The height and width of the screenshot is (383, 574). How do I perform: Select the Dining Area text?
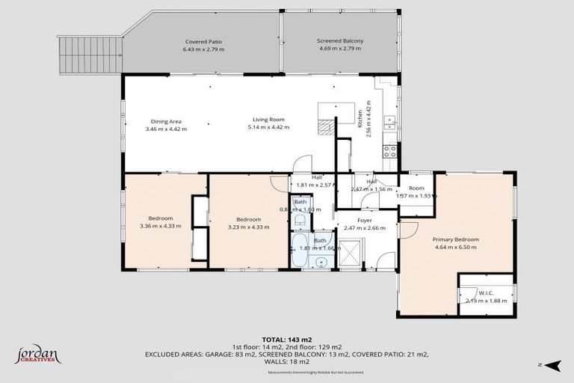click(166, 121)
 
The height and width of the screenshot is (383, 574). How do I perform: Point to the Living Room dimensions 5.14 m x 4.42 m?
click(267, 129)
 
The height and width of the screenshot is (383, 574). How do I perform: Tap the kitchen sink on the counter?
click(389, 120)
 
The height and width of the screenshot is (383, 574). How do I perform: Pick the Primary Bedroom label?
click(456, 239)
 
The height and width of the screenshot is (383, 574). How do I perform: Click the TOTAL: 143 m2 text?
click(287, 339)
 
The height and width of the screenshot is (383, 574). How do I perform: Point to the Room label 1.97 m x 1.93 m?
click(416, 191)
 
